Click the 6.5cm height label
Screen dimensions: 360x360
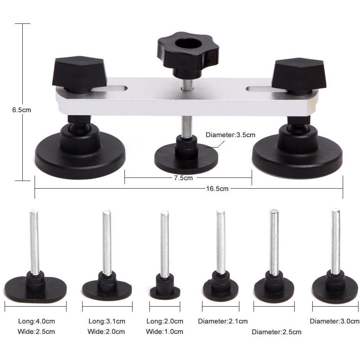pyautogui.click(x=22, y=110)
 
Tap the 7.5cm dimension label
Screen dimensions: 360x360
pyautogui.click(x=183, y=178)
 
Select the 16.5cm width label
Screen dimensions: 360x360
pyautogui.click(x=217, y=189)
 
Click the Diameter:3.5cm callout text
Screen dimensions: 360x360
pyautogui.click(x=230, y=135)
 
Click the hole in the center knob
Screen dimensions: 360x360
pyautogui.click(x=187, y=43)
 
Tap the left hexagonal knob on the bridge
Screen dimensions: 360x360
pyautogui.click(x=80, y=74)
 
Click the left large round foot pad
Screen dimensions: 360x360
pyautogui.click(x=80, y=153)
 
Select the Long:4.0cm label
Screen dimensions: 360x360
pyautogui.click(x=36, y=321)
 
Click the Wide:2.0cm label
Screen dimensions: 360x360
pyautogui.click(x=106, y=332)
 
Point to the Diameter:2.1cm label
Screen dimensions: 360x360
pyautogui.click(x=223, y=321)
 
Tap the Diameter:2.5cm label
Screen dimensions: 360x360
pyautogui.click(x=276, y=332)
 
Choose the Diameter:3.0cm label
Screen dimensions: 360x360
pyautogui.click(x=335, y=321)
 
